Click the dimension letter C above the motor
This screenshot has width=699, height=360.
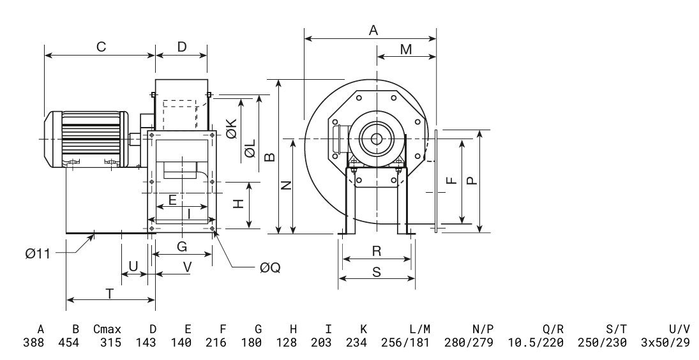point(101,47)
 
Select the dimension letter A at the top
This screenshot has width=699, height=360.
point(373,30)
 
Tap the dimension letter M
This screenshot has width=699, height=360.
point(405,49)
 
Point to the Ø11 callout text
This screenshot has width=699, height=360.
point(38,254)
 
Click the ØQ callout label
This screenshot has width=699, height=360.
point(270,268)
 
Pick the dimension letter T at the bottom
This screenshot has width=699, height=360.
point(110,294)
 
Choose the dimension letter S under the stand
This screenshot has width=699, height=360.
point(377,272)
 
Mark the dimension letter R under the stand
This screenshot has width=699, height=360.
point(377,251)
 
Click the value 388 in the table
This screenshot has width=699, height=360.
point(34,343)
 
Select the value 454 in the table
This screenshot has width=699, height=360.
point(69,343)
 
